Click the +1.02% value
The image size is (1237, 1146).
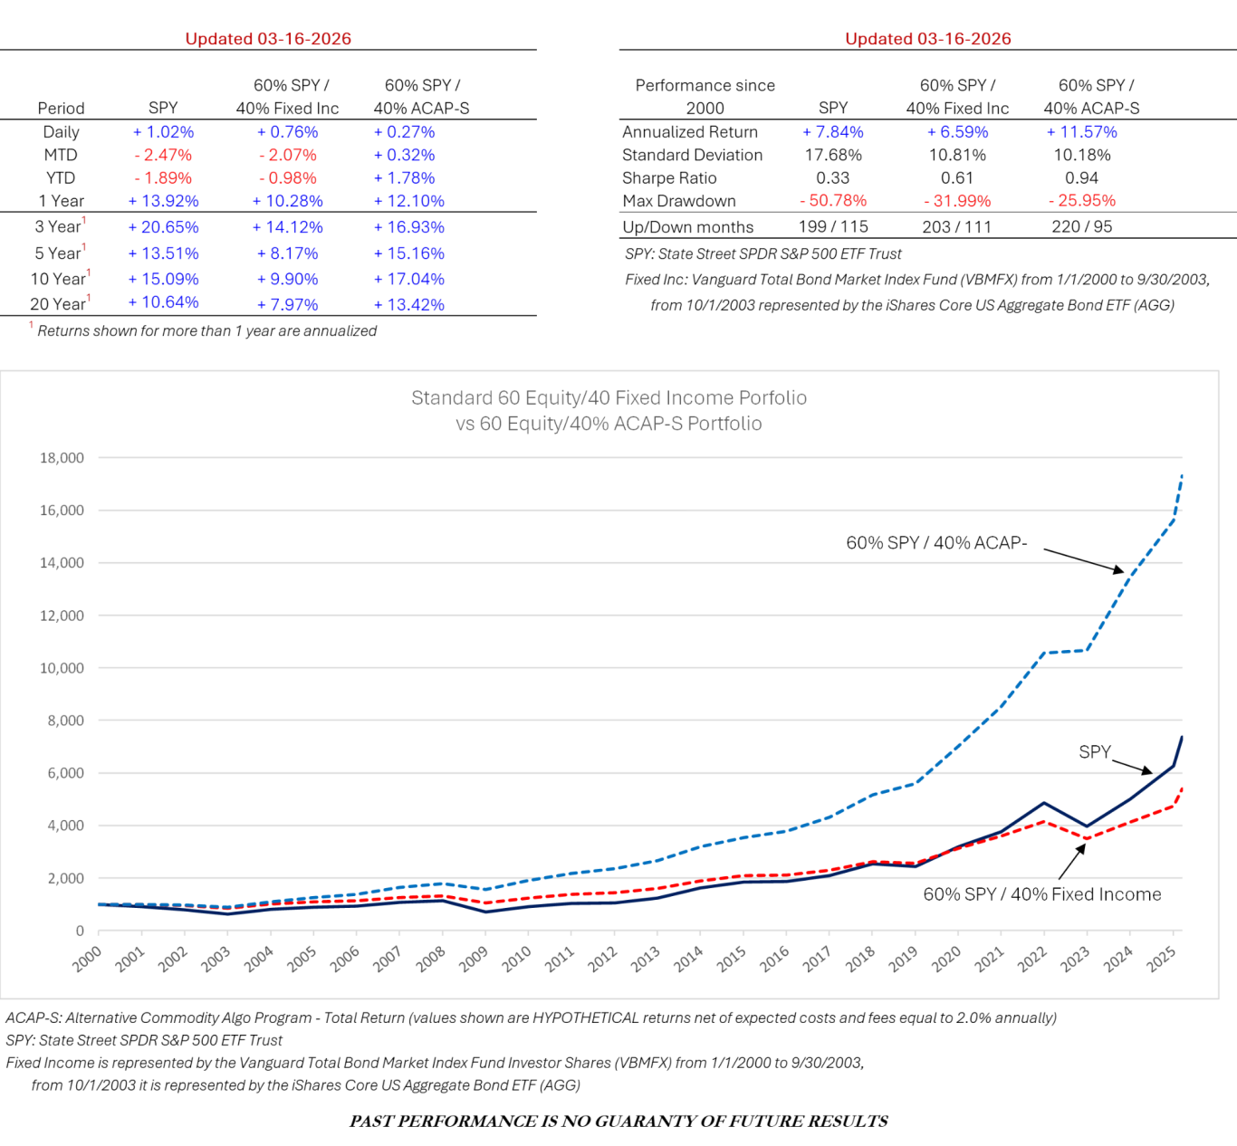pos(163,132)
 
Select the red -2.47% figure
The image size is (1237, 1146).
pos(163,156)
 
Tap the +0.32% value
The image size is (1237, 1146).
pos(404,156)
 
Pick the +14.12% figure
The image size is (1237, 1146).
pos(287,227)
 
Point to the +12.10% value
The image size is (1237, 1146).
pos(408,201)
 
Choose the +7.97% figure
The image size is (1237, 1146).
pos(287,305)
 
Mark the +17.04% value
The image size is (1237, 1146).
pos(408,280)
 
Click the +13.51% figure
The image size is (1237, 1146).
pos(163,253)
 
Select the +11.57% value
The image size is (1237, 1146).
pos(1081,132)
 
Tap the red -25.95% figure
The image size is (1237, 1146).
pos(1082,201)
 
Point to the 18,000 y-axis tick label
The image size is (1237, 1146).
pos(62,458)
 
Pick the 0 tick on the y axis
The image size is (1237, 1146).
pos(81,931)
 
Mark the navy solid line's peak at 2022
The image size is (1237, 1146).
pos(1044,802)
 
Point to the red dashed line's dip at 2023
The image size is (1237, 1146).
pos(1087,838)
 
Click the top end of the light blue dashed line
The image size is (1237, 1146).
pos(1183,474)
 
